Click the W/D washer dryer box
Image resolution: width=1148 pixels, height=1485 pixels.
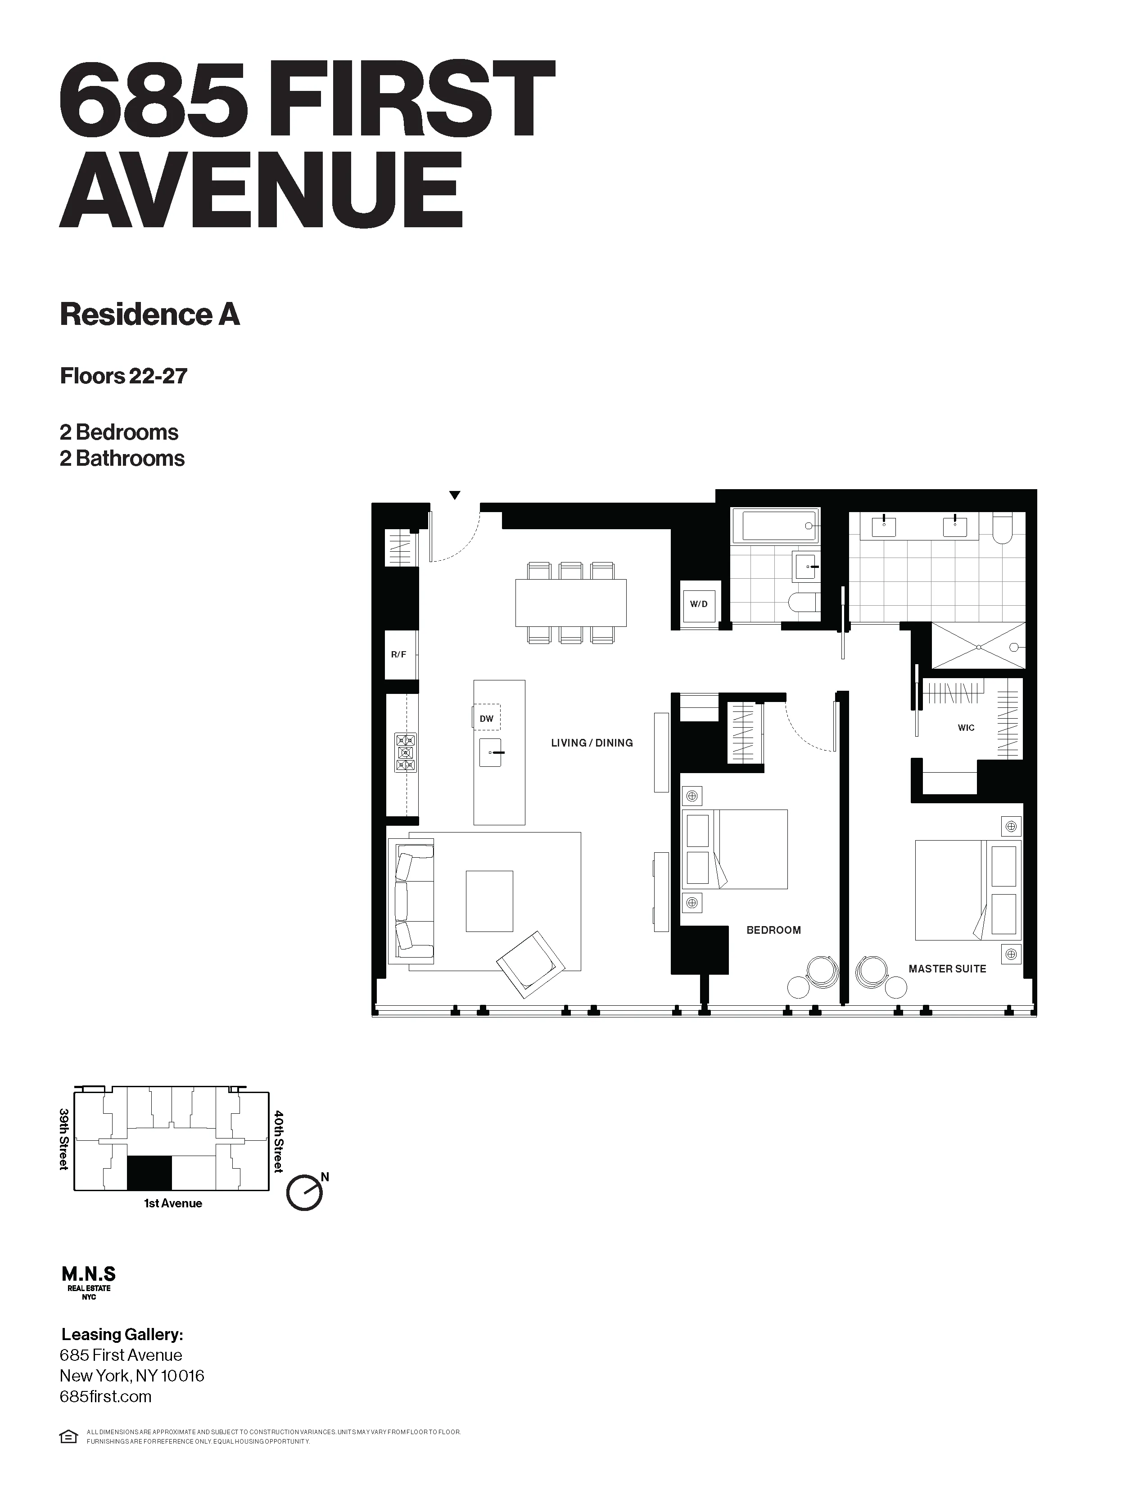tap(698, 604)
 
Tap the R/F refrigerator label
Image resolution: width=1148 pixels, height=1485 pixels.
tap(398, 655)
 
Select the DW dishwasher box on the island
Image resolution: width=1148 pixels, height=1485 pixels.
tap(486, 718)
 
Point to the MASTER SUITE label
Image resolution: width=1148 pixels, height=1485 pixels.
tap(947, 969)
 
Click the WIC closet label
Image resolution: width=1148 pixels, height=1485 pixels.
tap(966, 728)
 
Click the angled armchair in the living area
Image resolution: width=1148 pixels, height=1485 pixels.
tap(530, 964)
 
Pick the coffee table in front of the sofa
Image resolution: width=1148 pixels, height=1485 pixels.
tap(489, 901)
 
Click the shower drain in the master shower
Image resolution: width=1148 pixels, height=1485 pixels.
tap(978, 647)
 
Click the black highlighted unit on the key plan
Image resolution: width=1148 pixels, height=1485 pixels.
tap(149, 1173)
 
